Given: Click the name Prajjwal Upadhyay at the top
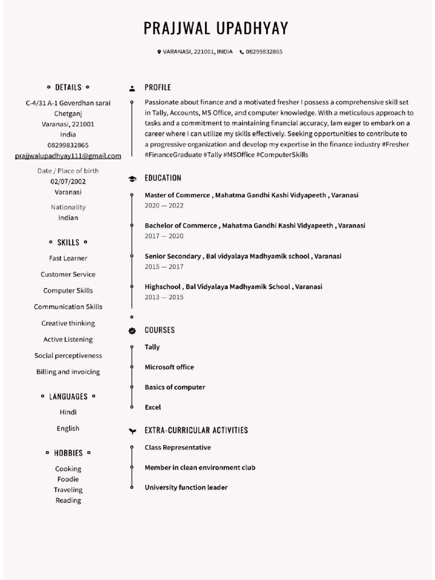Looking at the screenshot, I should coord(216,28).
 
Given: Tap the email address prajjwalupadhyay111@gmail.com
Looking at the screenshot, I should coord(68,156).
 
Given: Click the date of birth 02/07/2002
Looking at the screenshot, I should coord(68,182).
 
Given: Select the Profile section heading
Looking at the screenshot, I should coord(157,88).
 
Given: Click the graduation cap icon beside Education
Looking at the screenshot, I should coord(132,178).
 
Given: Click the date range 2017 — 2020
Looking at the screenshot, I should coord(164,236).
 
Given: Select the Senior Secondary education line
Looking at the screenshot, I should coord(242,257).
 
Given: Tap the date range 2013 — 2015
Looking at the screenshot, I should coord(164,297).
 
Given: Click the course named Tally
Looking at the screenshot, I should coord(152,347).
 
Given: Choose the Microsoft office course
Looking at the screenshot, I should coord(169,367).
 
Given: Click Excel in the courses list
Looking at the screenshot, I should coord(152,407).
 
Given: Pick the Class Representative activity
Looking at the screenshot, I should coord(177,447).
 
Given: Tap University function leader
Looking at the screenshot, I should coord(186,488).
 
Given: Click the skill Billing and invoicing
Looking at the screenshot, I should coord(68,372).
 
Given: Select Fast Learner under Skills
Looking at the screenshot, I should coord(68,258).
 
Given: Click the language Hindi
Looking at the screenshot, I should coord(68,412).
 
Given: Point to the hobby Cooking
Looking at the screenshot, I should coord(68,469).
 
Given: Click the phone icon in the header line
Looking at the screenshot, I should coord(241,52).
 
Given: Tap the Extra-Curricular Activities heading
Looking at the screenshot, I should coord(196,430).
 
